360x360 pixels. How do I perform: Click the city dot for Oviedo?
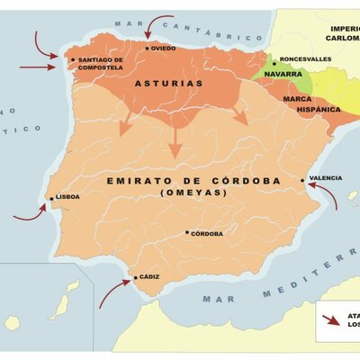148,48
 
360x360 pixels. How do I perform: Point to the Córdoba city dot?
187,232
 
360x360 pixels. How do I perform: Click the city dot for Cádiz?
136,278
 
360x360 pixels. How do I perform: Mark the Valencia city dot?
303,180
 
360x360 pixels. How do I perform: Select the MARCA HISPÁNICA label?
311,103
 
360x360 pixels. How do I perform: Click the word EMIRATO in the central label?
137,181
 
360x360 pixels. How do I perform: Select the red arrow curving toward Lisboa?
30,212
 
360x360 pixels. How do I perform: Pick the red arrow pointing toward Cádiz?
113,292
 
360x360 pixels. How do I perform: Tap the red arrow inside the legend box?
334,318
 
